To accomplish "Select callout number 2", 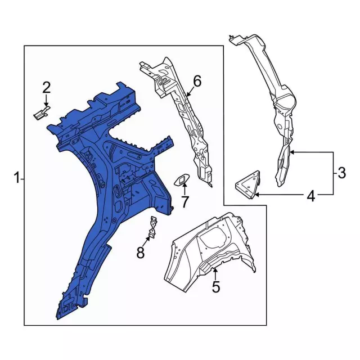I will coord(47,87).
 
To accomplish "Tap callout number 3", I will coord(341,173).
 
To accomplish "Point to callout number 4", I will coord(310,196).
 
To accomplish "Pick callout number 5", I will coord(216,287).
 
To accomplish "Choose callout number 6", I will coord(197,82).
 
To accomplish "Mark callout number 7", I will coord(184,201).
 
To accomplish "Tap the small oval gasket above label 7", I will coord(182,179).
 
